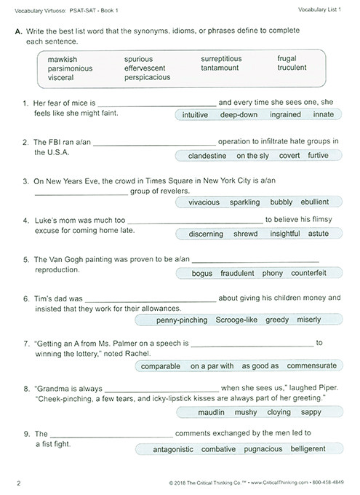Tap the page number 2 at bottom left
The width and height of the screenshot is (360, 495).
click(x=17, y=482)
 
